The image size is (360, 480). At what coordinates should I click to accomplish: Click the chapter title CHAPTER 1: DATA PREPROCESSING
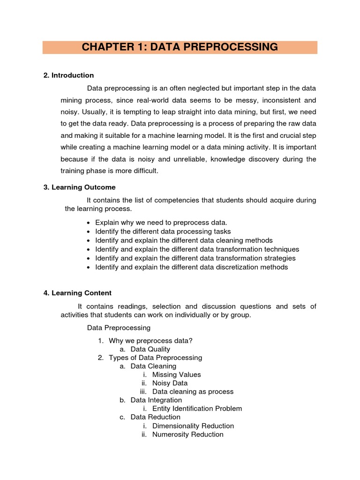[x=180, y=47]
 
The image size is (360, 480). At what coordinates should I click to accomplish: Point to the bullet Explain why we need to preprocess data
[x=161, y=222]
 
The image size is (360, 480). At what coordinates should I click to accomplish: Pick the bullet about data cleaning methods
[x=184, y=240]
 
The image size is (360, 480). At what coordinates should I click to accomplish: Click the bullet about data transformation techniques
[x=197, y=249]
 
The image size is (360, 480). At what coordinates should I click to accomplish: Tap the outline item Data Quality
[x=150, y=349]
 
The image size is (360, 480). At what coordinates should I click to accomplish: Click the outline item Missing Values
[x=176, y=375]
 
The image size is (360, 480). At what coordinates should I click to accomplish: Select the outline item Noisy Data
[x=170, y=383]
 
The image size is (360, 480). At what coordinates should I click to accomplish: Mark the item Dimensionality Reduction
[x=193, y=426]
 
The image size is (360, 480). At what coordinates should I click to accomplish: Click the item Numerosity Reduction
[x=187, y=434]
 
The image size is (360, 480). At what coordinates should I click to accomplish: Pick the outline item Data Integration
[x=156, y=400]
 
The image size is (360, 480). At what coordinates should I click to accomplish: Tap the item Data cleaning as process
[x=193, y=391]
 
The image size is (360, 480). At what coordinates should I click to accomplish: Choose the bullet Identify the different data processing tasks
[x=163, y=231]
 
